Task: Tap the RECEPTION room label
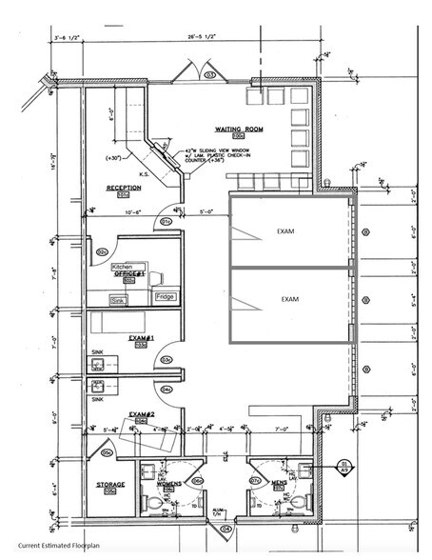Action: click(x=123, y=188)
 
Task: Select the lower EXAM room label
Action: click(x=289, y=299)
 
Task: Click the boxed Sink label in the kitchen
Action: click(x=118, y=301)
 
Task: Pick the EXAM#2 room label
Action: click(x=142, y=415)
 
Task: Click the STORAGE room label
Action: click(x=109, y=485)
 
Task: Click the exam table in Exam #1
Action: click(x=118, y=323)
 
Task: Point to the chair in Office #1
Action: click(x=154, y=277)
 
